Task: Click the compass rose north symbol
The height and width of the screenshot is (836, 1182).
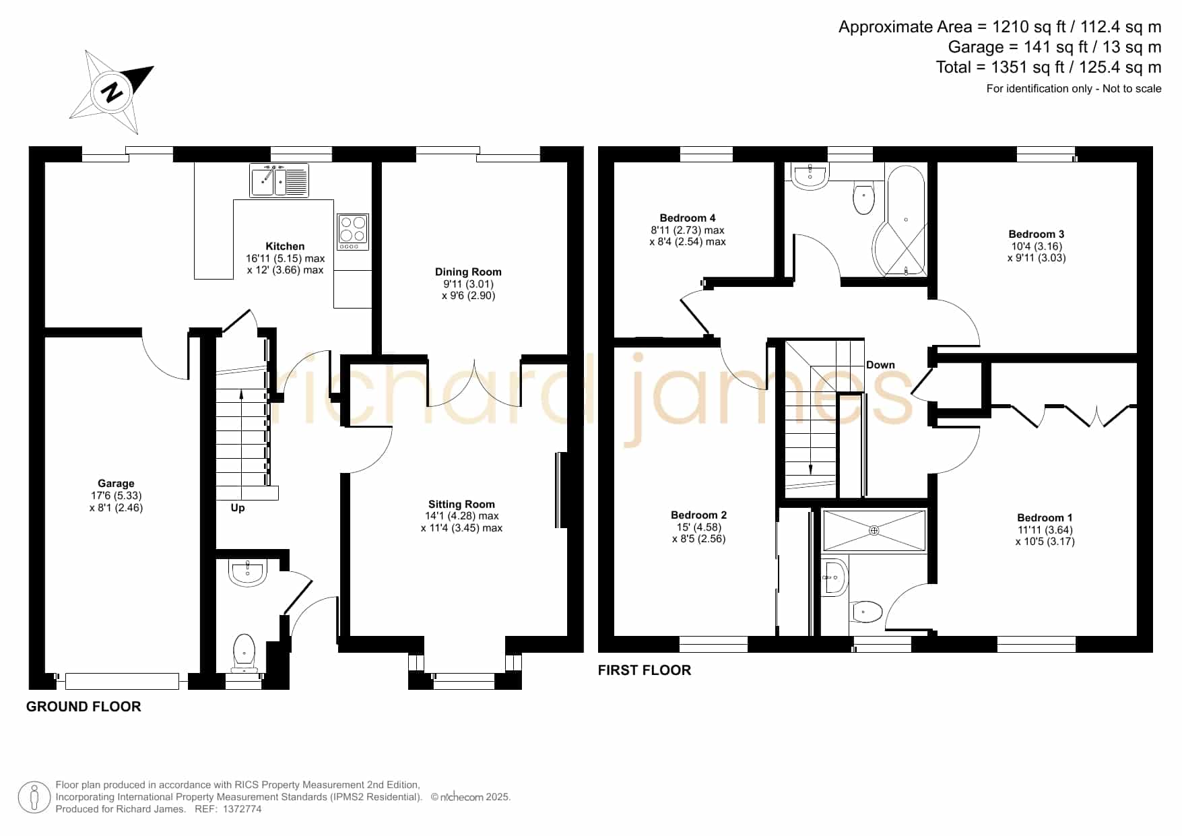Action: click(x=112, y=92)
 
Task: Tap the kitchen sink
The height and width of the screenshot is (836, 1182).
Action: click(x=279, y=180)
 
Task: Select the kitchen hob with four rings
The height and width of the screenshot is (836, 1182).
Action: click(x=353, y=232)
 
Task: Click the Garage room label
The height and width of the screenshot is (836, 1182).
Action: click(x=116, y=483)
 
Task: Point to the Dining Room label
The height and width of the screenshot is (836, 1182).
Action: click(x=468, y=272)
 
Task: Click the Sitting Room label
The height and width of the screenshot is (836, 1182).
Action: click(x=461, y=505)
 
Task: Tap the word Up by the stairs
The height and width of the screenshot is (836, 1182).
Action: click(x=238, y=508)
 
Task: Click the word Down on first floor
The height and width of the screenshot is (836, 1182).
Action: click(x=880, y=365)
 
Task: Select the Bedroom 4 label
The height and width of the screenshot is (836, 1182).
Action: click(x=688, y=218)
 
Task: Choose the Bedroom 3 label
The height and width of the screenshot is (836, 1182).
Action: click(x=1037, y=234)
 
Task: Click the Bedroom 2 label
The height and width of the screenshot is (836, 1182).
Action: click(x=699, y=515)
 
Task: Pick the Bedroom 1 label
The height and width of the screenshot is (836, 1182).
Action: click(x=1045, y=518)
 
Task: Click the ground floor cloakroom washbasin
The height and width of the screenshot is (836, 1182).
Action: click(x=248, y=572)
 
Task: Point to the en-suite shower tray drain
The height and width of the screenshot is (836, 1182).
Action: click(x=874, y=531)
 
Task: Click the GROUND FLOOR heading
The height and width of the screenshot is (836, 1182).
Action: click(x=84, y=707)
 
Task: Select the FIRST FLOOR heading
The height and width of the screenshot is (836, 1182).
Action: click(x=645, y=670)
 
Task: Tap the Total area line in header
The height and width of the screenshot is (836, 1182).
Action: click(x=1049, y=67)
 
